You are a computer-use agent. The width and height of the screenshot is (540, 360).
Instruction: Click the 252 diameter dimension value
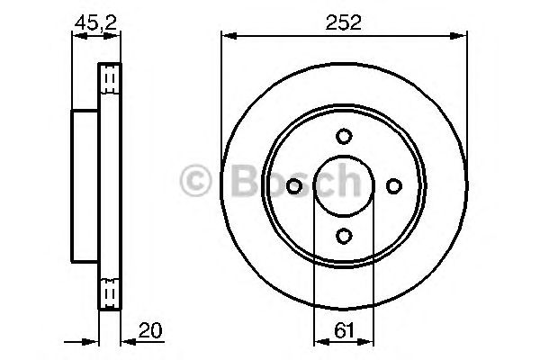point(344,24)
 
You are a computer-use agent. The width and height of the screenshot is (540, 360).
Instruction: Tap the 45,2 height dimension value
point(87,24)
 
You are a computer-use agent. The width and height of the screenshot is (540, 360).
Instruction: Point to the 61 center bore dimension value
point(343,328)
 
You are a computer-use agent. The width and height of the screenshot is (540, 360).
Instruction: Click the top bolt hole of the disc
point(344,137)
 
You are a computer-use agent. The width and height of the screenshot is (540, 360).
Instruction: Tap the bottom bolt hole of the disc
point(344,236)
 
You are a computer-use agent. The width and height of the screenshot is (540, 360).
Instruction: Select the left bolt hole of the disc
point(294,186)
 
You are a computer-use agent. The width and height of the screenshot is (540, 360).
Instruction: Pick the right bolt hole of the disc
point(393,186)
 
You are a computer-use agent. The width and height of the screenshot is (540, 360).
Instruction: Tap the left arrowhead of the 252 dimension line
point(227,36)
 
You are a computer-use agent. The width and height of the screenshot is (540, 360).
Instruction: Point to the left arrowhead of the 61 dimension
point(318,341)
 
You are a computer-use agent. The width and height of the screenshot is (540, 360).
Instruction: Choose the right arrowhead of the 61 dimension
point(370,341)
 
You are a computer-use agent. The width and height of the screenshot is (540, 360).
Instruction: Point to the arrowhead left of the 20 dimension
point(93,341)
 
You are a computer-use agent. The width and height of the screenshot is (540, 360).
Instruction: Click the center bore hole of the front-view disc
point(344,186)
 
